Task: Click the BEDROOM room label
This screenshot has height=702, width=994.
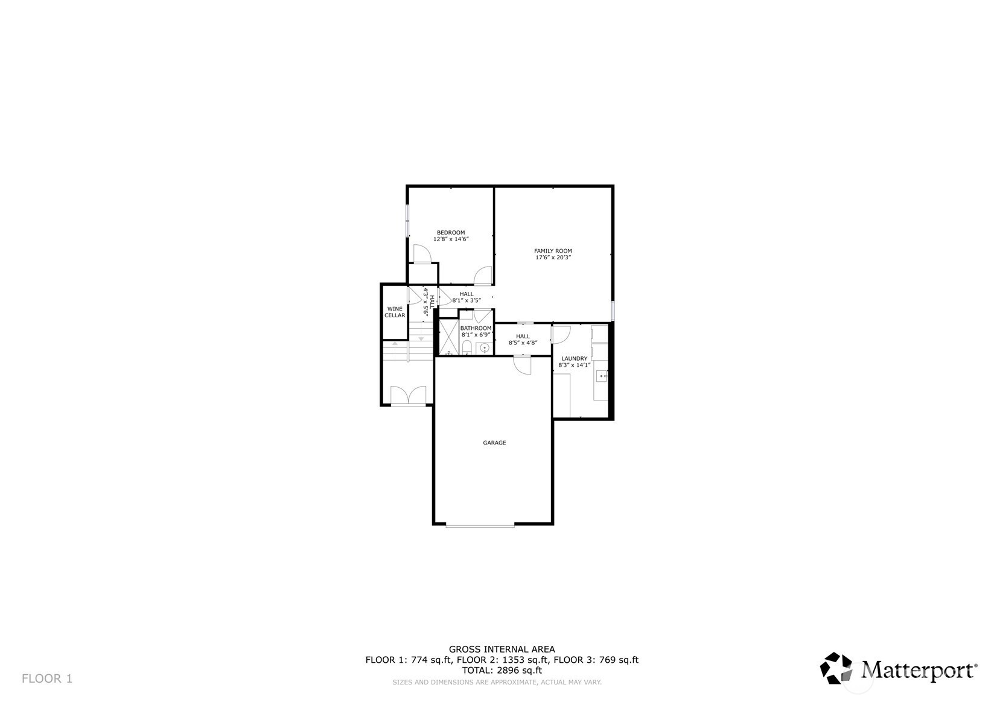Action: click(451, 232)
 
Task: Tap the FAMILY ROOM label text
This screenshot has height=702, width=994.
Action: click(553, 250)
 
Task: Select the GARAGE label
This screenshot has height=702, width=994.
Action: click(494, 443)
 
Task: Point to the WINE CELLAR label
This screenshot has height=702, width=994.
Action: click(395, 312)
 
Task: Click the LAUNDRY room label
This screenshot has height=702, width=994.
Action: click(574, 358)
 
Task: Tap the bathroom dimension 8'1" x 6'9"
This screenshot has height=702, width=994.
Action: click(476, 335)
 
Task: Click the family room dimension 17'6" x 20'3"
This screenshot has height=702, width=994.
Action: click(553, 257)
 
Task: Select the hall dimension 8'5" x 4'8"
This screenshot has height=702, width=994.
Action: click(523, 343)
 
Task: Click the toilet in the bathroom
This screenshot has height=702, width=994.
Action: click(467, 347)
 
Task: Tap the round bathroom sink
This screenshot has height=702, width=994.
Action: click(485, 348)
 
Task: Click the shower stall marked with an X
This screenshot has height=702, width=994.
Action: click(448, 337)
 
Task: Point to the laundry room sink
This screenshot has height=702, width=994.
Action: click(601, 376)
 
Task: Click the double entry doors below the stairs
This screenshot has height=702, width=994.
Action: click(408, 395)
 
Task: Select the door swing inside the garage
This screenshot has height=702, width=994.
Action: click(522, 365)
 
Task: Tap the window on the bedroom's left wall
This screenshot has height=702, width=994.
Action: click(407, 220)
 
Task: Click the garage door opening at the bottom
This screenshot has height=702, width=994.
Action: click(480, 526)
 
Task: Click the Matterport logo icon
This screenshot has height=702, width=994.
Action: click(836, 668)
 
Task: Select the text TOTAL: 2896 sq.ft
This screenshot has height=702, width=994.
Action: click(502, 670)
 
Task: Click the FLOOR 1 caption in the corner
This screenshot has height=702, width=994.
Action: click(47, 678)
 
